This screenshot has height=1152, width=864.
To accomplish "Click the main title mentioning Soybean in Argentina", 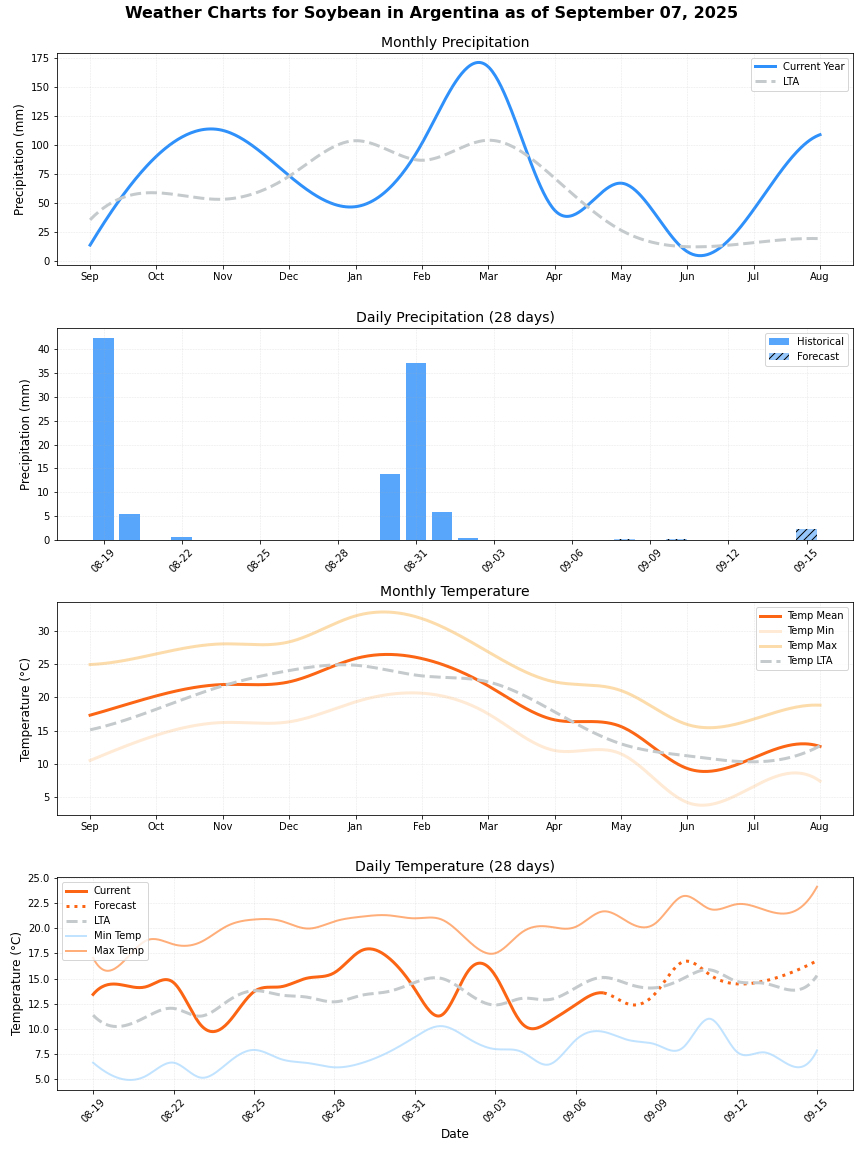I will (431, 13).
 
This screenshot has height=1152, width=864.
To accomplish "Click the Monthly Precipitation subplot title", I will (455, 42).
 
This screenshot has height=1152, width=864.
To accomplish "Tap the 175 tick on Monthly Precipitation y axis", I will (39, 58).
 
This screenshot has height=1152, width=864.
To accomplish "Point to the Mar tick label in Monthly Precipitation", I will (488, 276).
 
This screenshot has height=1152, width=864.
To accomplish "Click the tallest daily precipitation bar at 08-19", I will (103, 439).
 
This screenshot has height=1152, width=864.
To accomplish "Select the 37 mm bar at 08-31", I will (416, 451).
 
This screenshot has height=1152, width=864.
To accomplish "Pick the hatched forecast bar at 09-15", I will (806, 535).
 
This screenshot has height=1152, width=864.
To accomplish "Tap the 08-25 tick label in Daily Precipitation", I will (259, 559).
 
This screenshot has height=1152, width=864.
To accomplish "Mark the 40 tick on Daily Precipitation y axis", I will (43, 349).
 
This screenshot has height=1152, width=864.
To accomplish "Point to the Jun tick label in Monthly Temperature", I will (687, 826).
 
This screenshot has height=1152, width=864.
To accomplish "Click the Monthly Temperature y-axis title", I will (26, 709).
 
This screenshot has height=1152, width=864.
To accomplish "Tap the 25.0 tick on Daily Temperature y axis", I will (39, 878).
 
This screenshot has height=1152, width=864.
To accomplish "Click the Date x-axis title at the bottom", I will (455, 1133).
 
